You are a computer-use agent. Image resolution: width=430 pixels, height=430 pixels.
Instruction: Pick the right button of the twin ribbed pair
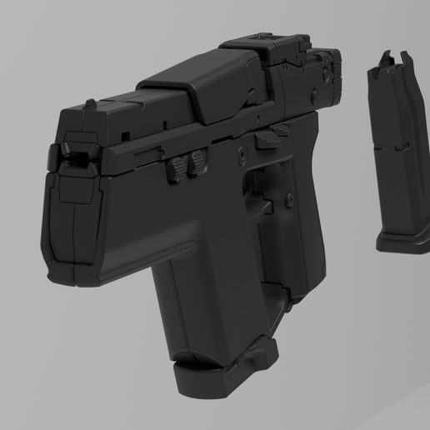pos(199,159)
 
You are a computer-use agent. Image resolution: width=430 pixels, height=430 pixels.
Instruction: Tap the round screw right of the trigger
pos(288,198)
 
